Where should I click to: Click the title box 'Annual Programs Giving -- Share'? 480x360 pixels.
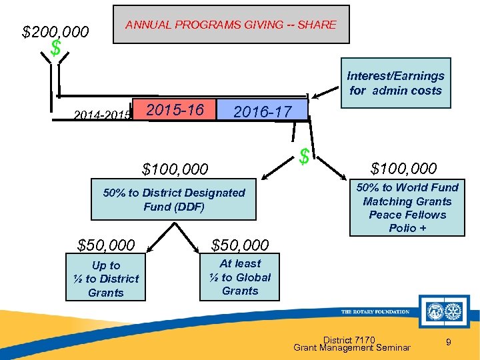pos(231,25)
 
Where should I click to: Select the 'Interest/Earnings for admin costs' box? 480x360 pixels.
pos(395,83)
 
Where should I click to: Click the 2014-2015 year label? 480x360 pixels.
pos(101,115)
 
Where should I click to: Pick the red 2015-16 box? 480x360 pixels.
pos(175,109)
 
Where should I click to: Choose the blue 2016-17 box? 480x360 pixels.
pos(263,111)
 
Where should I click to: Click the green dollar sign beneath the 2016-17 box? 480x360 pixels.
pos(305,157)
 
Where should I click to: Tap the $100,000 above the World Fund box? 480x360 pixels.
pos(404,168)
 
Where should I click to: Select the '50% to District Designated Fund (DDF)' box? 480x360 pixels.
pos(173,199)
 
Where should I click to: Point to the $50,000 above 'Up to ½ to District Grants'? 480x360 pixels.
pos(106,245)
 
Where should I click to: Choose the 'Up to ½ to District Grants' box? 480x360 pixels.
pos(106,279)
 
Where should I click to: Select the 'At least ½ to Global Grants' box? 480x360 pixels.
pos(240,277)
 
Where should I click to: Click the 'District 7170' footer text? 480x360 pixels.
pos(349,339)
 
